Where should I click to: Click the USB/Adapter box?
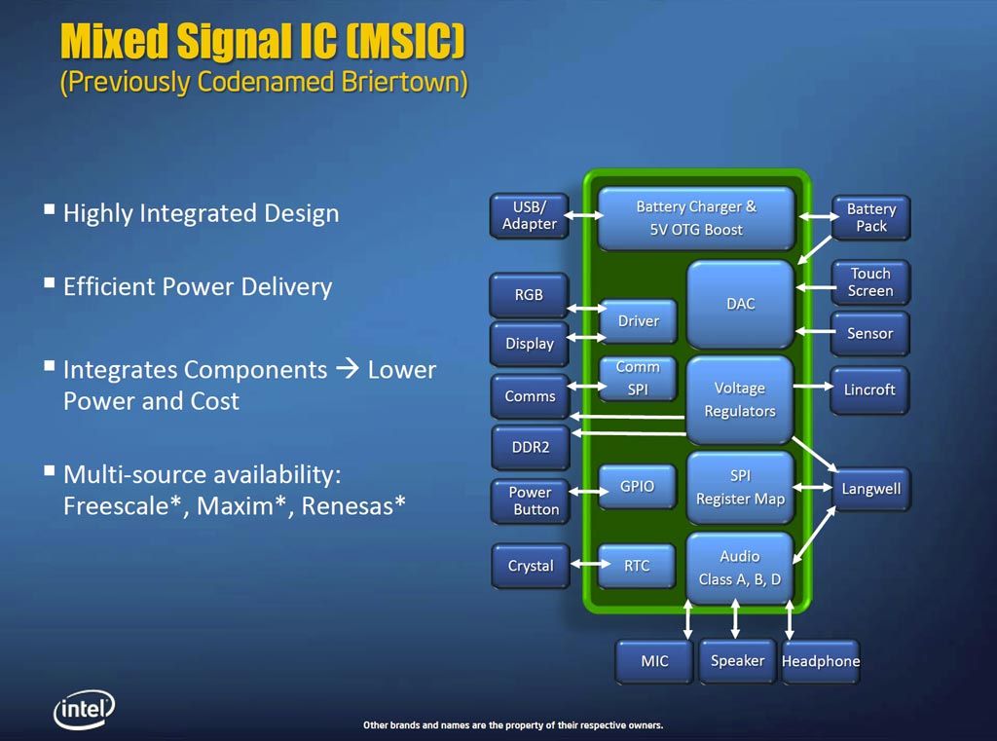pos(529,215)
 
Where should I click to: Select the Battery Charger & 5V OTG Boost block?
pos(696,218)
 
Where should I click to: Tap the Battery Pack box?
pos(871,217)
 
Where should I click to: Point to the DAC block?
pos(741,304)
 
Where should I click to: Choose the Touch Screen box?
pos(870,282)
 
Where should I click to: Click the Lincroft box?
pos(869,389)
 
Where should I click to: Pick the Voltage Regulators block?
pos(740,399)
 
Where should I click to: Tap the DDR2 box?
pos(531,447)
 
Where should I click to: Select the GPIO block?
pos(637,487)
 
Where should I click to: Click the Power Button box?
pos(531,501)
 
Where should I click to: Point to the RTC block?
pos(637,566)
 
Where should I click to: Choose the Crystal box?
pos(531,566)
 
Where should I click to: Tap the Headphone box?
pos(820,661)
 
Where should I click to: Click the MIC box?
pos(654,661)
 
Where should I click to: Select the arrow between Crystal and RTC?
pos(590,564)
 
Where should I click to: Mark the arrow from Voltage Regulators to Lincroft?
pos(813,387)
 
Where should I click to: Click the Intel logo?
pos(85,709)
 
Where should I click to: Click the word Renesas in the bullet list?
pos(352,506)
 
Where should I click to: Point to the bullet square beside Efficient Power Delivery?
pos(49,282)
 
